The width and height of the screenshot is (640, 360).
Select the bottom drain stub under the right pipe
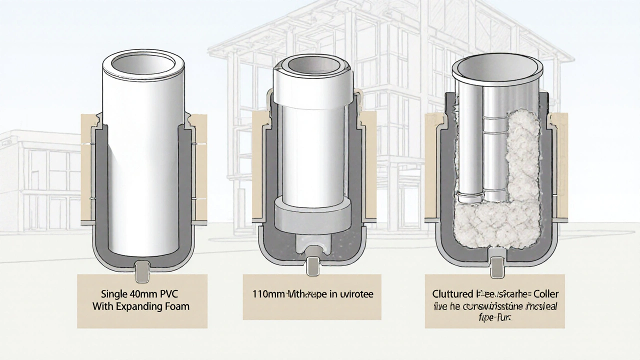(x=497, y=267)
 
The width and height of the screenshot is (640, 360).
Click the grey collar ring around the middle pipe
(x=312, y=209)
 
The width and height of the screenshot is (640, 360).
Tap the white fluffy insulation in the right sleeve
(x=520, y=165)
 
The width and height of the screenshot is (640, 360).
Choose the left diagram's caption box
(x=142, y=301)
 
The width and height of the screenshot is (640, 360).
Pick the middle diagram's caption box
(x=312, y=296)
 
